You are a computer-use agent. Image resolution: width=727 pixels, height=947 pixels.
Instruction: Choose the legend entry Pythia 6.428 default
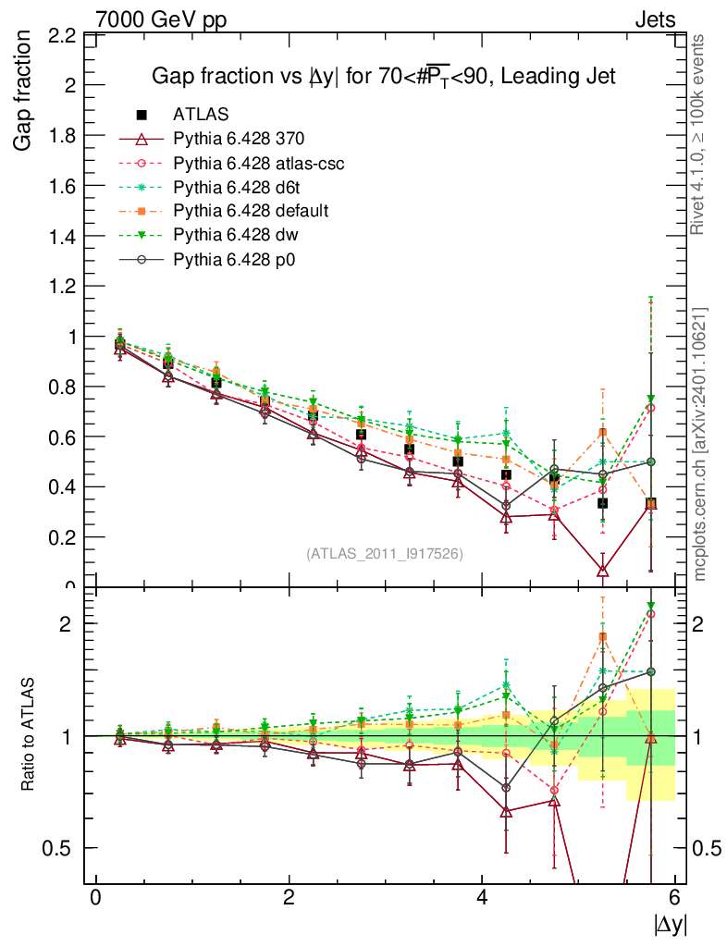tap(251, 211)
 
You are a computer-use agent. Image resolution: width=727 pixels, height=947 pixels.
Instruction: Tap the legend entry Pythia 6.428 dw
tap(235, 235)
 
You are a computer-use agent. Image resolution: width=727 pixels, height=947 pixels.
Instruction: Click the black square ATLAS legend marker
tap(142, 115)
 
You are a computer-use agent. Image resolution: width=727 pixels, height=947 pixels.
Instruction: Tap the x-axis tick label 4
tap(482, 898)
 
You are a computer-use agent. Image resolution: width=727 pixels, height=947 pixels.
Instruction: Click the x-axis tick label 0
tap(95, 898)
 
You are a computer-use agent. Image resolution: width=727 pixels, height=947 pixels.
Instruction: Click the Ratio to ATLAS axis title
tap(29, 735)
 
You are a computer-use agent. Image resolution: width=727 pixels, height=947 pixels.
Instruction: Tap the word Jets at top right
tap(654, 18)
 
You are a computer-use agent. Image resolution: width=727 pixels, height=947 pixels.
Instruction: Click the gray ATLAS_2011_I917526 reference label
tap(385, 553)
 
